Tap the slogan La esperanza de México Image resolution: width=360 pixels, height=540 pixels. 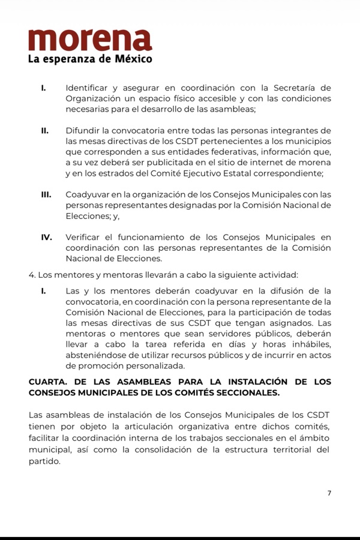pyautogui.click(x=90, y=59)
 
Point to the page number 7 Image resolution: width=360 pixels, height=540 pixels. pyautogui.click(x=329, y=493)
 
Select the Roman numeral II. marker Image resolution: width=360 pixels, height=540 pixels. pyautogui.click(x=44, y=131)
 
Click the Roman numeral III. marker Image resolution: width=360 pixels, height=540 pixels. pyautogui.click(x=46, y=194)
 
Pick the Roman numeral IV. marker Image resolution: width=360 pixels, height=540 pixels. pyautogui.click(x=46, y=237)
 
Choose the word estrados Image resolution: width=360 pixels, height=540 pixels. pyautogui.click(x=116, y=173)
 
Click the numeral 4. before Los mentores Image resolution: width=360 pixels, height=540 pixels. pyautogui.click(x=32, y=275)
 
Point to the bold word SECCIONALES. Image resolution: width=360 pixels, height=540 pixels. pyautogui.click(x=244, y=392)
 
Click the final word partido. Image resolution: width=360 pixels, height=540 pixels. pyautogui.click(x=44, y=461)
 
